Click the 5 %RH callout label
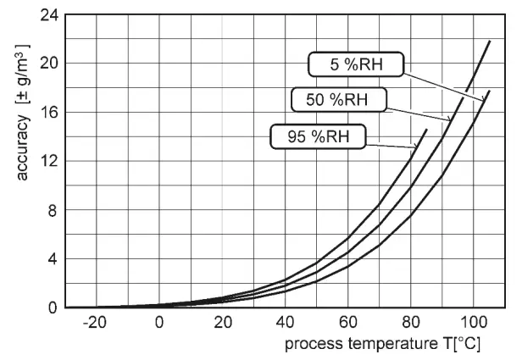(355, 65)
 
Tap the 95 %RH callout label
(316, 136)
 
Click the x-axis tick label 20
(223, 323)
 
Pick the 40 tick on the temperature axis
(286, 323)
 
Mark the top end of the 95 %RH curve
(426, 130)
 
